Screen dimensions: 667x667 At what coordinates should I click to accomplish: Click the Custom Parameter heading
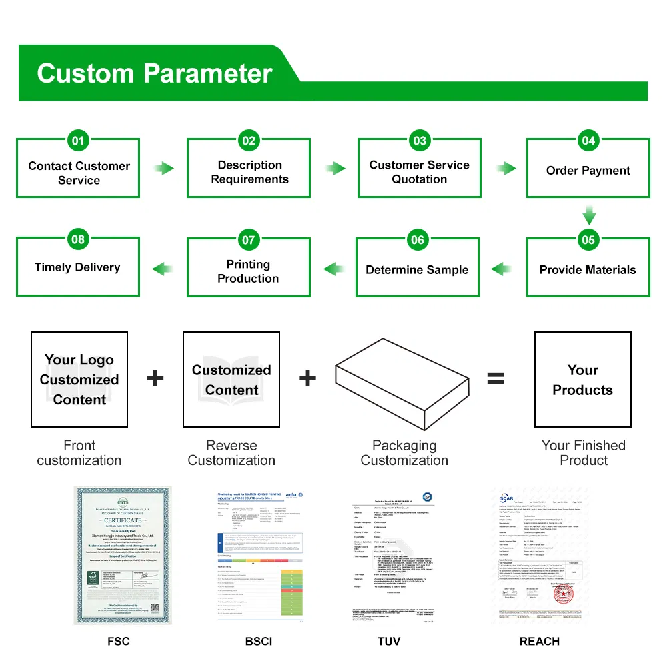point(155,73)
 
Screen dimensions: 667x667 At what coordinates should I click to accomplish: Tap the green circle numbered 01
point(79,141)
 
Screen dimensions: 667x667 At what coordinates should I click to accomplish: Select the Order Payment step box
point(588,170)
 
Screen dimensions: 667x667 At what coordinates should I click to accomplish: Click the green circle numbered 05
point(588,240)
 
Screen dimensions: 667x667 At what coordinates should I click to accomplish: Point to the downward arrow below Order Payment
point(588,215)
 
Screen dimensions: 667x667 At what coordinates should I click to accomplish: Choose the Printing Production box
point(248,271)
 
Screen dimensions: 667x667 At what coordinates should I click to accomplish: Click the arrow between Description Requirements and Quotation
point(334,168)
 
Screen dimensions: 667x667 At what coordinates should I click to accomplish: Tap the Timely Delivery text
point(77,267)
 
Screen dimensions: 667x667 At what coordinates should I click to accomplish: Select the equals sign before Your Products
point(495,379)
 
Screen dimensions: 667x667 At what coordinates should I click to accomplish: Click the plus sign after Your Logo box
point(155,379)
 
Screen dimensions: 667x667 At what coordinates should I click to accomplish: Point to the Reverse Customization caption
point(231,453)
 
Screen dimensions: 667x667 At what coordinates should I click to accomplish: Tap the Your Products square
point(582,380)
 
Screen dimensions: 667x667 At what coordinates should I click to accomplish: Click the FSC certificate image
point(122,555)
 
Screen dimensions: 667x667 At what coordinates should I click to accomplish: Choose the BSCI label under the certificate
point(259,642)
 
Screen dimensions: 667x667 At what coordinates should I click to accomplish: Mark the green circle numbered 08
point(79,240)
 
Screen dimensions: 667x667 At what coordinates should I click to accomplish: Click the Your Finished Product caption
point(584,453)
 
